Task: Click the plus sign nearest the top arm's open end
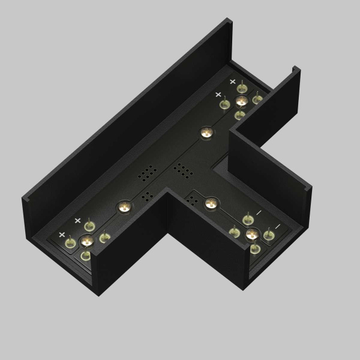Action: point(233,80)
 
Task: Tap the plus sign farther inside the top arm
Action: point(218,94)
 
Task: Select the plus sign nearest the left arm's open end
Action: point(62,234)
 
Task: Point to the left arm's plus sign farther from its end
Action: point(77,220)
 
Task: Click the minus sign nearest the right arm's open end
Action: point(277,226)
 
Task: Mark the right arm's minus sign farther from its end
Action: point(259,212)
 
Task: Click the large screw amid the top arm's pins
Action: point(241,100)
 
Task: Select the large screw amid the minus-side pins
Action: point(251,233)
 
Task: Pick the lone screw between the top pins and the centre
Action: point(206,132)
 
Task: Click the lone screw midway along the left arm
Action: point(124,207)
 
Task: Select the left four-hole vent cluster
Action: point(146,196)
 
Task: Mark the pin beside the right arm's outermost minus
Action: point(269,235)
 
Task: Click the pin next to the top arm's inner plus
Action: point(226,104)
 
